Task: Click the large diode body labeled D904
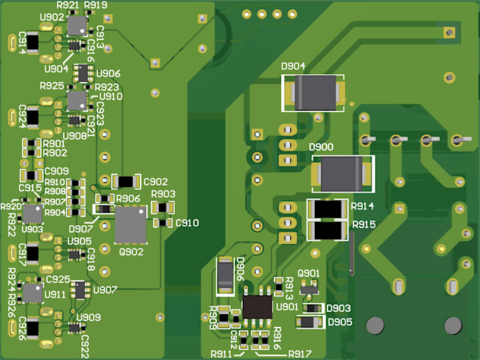[315, 92]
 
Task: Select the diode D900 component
[342, 174]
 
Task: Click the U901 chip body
[258, 306]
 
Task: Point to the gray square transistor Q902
[130, 224]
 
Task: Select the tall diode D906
[225, 275]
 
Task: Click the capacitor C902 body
[125, 181]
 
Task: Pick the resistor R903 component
[164, 207]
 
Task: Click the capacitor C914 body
[13, 43]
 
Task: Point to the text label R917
[299, 353]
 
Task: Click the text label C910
[187, 223]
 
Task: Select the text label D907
[80, 228]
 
